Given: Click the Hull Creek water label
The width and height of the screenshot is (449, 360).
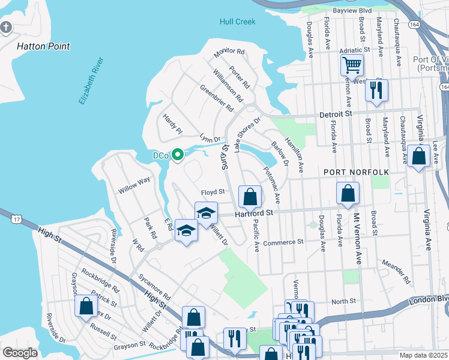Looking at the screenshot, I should tap(238, 22).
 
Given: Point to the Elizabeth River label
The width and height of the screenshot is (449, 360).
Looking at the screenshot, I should tap(91, 82).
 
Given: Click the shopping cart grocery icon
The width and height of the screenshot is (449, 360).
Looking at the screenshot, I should tap(352, 64).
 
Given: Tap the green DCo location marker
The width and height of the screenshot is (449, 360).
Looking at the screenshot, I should tap(177, 155).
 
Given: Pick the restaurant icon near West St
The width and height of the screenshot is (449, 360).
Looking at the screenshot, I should tap(376, 90).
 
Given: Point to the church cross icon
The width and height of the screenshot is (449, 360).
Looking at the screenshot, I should tap(6, 28).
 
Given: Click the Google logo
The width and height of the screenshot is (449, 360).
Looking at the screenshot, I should tap(20, 352).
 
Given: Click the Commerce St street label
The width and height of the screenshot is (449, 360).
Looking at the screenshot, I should tap(284, 242).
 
